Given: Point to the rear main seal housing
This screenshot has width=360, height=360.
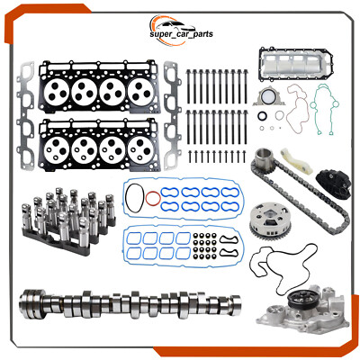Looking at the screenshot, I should coord(271,102).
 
